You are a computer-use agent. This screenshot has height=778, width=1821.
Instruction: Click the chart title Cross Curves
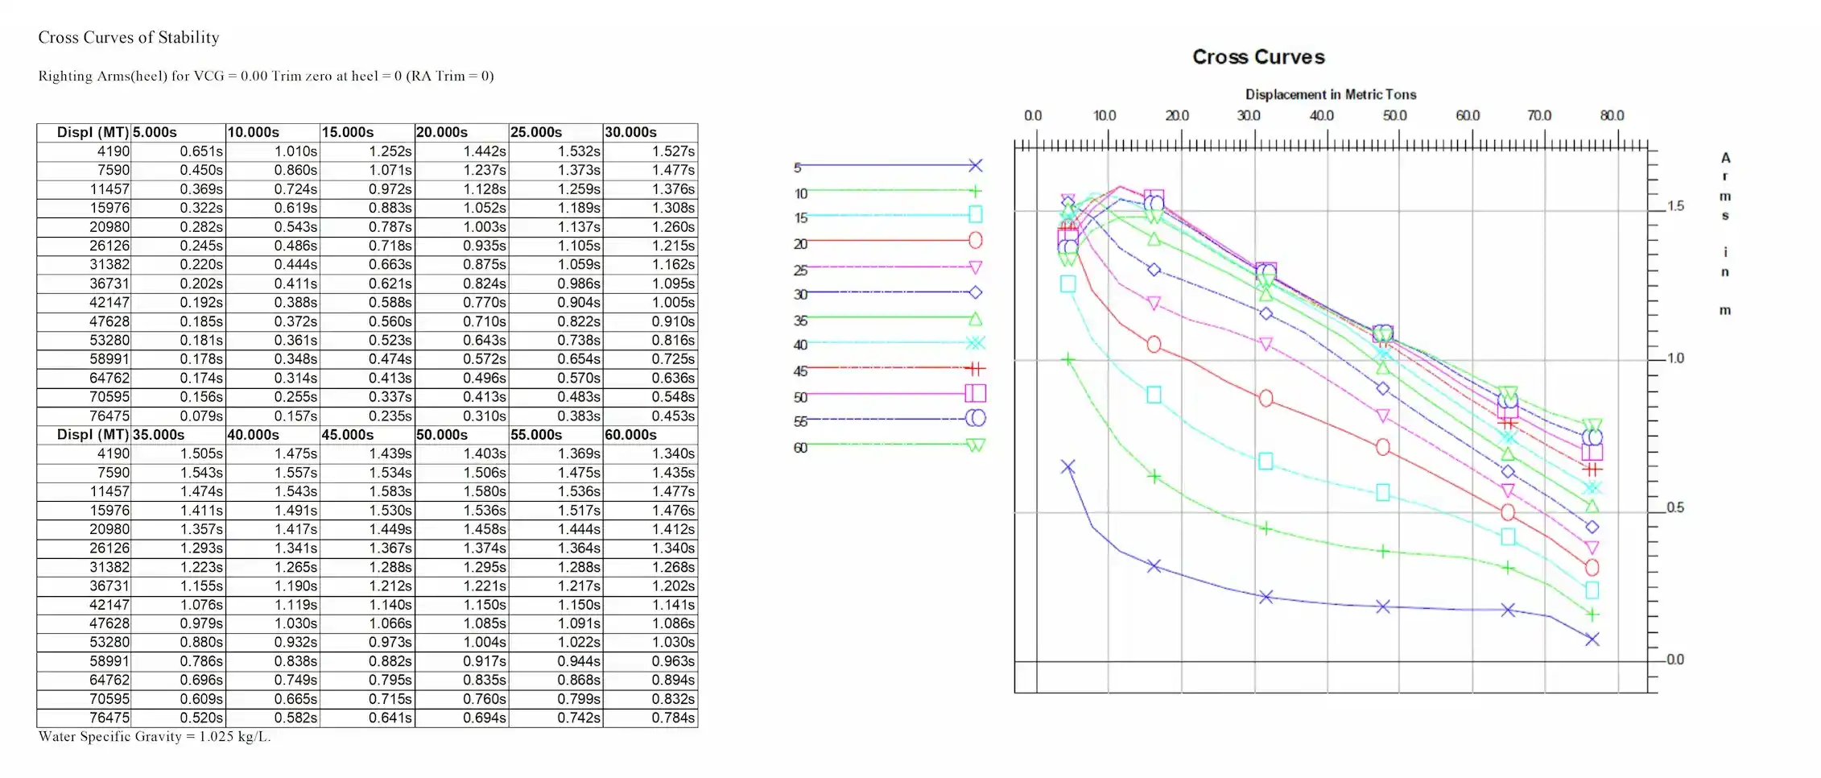[x=1257, y=57]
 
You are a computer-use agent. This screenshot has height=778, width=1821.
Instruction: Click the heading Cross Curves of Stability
[x=129, y=38]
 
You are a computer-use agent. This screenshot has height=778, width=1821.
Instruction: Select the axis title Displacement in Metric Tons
[x=1330, y=94]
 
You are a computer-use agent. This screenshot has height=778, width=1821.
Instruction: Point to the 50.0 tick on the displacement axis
[x=1394, y=116]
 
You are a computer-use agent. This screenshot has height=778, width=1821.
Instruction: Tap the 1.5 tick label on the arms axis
[x=1675, y=206]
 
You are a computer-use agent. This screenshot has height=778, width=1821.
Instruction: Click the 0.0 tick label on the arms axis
[x=1674, y=660]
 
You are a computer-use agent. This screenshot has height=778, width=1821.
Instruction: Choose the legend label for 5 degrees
[x=798, y=168]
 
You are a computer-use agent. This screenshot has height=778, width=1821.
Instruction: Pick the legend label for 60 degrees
[x=800, y=448]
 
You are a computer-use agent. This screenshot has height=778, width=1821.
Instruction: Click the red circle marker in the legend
[x=975, y=240]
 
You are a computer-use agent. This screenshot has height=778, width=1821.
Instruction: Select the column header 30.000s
[x=631, y=132]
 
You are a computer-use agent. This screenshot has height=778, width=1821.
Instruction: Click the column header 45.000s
[x=348, y=435]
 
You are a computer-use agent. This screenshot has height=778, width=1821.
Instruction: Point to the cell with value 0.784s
[x=673, y=718]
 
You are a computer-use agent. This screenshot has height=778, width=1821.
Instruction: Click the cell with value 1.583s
[x=390, y=491]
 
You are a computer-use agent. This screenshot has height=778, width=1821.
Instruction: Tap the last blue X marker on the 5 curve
[x=1592, y=639]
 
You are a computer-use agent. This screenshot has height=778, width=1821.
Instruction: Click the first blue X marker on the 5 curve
[x=1067, y=467]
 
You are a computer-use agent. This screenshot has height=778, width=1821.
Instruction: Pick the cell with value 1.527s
[x=673, y=151]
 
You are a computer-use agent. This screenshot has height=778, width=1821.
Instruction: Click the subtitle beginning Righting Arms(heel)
[x=266, y=77]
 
